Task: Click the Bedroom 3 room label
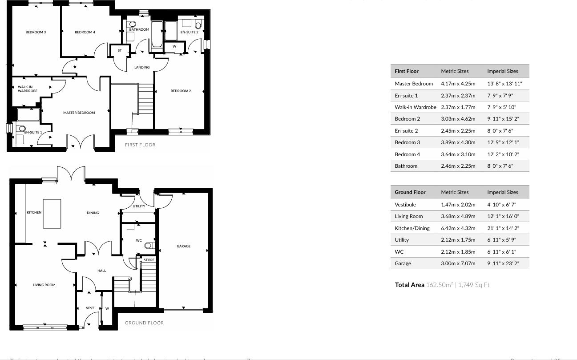tap(36, 32)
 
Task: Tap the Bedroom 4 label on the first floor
tap(85, 32)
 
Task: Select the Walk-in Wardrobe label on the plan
tap(28, 89)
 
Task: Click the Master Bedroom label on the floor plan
tap(79, 113)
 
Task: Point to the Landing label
tap(142, 67)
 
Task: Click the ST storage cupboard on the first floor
tap(119, 51)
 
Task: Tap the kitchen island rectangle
tap(52, 214)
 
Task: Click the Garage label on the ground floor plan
tap(183, 246)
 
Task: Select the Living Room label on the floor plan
tap(44, 285)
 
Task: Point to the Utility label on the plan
tap(139, 206)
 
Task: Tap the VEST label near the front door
tap(90, 308)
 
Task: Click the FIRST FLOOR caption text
tap(140, 145)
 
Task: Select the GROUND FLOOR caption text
tap(144, 323)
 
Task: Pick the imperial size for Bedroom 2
tap(503, 119)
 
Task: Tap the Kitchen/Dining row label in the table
tap(412, 228)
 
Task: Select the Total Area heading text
tap(409, 285)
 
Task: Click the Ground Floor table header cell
tap(410, 192)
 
